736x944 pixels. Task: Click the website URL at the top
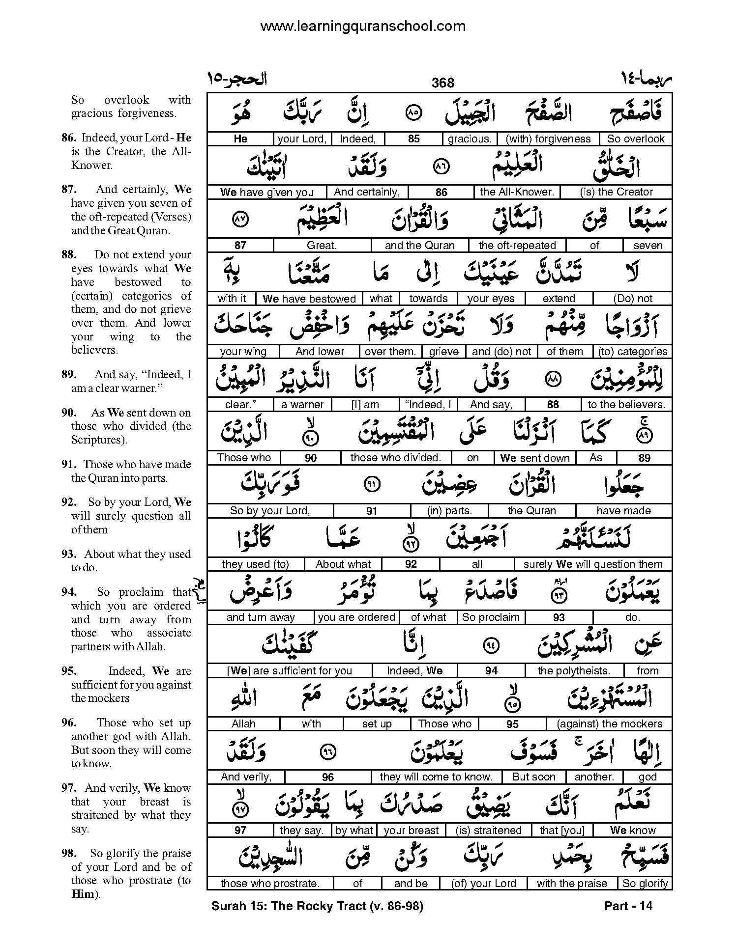(x=362, y=26)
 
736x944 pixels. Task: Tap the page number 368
(x=442, y=83)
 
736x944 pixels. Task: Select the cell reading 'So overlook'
(x=635, y=139)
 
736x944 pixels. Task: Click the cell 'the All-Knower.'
(x=517, y=192)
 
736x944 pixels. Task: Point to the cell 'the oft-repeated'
(x=517, y=246)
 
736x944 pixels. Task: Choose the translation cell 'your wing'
(x=243, y=352)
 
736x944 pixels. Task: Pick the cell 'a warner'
(x=302, y=405)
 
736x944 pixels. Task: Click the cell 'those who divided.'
(x=395, y=458)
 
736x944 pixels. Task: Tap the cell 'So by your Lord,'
(x=270, y=511)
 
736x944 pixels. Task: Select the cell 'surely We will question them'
(x=592, y=564)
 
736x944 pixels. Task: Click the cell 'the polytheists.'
(x=573, y=671)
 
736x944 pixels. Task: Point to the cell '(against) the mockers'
(x=609, y=724)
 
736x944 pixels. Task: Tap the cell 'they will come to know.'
(x=436, y=777)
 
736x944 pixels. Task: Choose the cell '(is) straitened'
(x=488, y=831)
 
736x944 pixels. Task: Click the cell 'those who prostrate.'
(x=269, y=884)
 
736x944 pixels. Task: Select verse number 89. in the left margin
(x=69, y=375)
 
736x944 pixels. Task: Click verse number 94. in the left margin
(x=69, y=592)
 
